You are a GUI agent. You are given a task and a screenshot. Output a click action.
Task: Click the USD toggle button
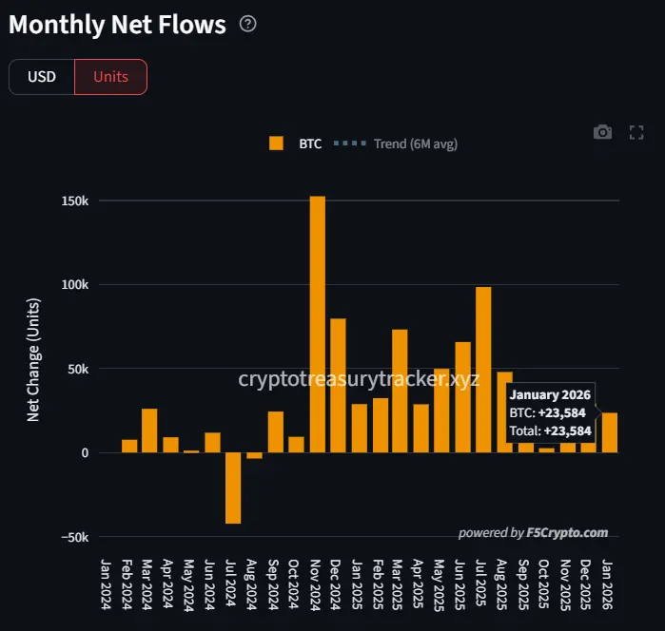click(x=42, y=77)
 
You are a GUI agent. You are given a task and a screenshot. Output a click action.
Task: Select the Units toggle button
click(x=110, y=77)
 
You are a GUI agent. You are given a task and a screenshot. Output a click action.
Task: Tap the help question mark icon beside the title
click(x=248, y=24)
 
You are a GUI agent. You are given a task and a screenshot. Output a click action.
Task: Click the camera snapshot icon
click(x=602, y=132)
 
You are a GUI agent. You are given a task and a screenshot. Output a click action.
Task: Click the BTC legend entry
click(x=296, y=143)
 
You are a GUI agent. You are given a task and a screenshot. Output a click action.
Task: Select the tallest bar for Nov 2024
click(x=317, y=323)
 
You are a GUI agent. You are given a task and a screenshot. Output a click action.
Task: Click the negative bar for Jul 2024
click(x=233, y=488)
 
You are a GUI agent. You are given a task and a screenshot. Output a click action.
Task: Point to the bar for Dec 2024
click(x=338, y=385)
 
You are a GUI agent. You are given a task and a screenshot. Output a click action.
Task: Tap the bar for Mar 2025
click(x=400, y=391)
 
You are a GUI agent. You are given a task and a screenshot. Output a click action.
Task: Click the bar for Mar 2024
click(x=149, y=430)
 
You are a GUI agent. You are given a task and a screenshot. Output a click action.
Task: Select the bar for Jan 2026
click(x=609, y=432)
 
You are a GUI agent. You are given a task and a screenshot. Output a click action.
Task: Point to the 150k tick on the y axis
click(x=75, y=201)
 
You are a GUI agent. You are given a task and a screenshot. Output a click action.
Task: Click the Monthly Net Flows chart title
click(x=117, y=25)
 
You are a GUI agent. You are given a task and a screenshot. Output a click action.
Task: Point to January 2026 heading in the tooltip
click(x=551, y=395)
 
